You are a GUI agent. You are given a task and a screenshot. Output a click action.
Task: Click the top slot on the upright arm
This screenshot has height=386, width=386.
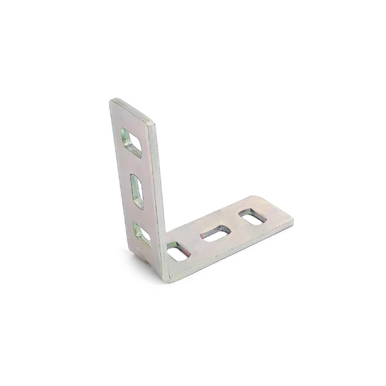(x=131, y=142)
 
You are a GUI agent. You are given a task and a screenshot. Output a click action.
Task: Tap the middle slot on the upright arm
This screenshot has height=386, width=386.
(x=138, y=191)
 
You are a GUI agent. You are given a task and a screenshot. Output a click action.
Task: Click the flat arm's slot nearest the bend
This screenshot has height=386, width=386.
(x=177, y=252)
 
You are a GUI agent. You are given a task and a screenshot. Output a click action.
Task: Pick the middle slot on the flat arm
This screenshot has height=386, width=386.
(x=215, y=233)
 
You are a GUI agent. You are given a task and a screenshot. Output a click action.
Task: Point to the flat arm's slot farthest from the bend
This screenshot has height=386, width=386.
(x=252, y=216)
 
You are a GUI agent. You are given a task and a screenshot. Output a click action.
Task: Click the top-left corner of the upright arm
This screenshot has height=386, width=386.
(x=112, y=101)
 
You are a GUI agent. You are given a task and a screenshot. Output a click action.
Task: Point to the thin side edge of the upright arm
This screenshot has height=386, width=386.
(x=158, y=193)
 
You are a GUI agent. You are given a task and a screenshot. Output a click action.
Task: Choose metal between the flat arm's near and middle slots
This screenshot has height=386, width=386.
(x=196, y=243)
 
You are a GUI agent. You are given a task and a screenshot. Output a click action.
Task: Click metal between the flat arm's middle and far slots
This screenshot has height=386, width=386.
(x=234, y=225)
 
